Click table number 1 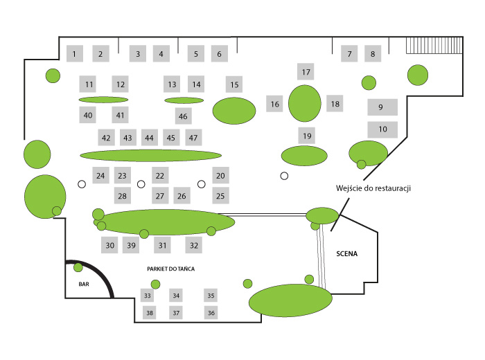point(76,53)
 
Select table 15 point(234,84)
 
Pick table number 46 point(183,116)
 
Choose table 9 point(382,107)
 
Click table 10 point(382,129)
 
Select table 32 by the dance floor point(194,245)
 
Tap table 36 point(211,313)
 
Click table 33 point(147,296)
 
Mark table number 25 point(220,196)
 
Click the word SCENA point(346,253)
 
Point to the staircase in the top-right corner point(433,46)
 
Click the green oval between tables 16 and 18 point(304,102)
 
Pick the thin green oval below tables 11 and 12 point(104,100)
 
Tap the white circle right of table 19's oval point(284,176)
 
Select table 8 point(373,53)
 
